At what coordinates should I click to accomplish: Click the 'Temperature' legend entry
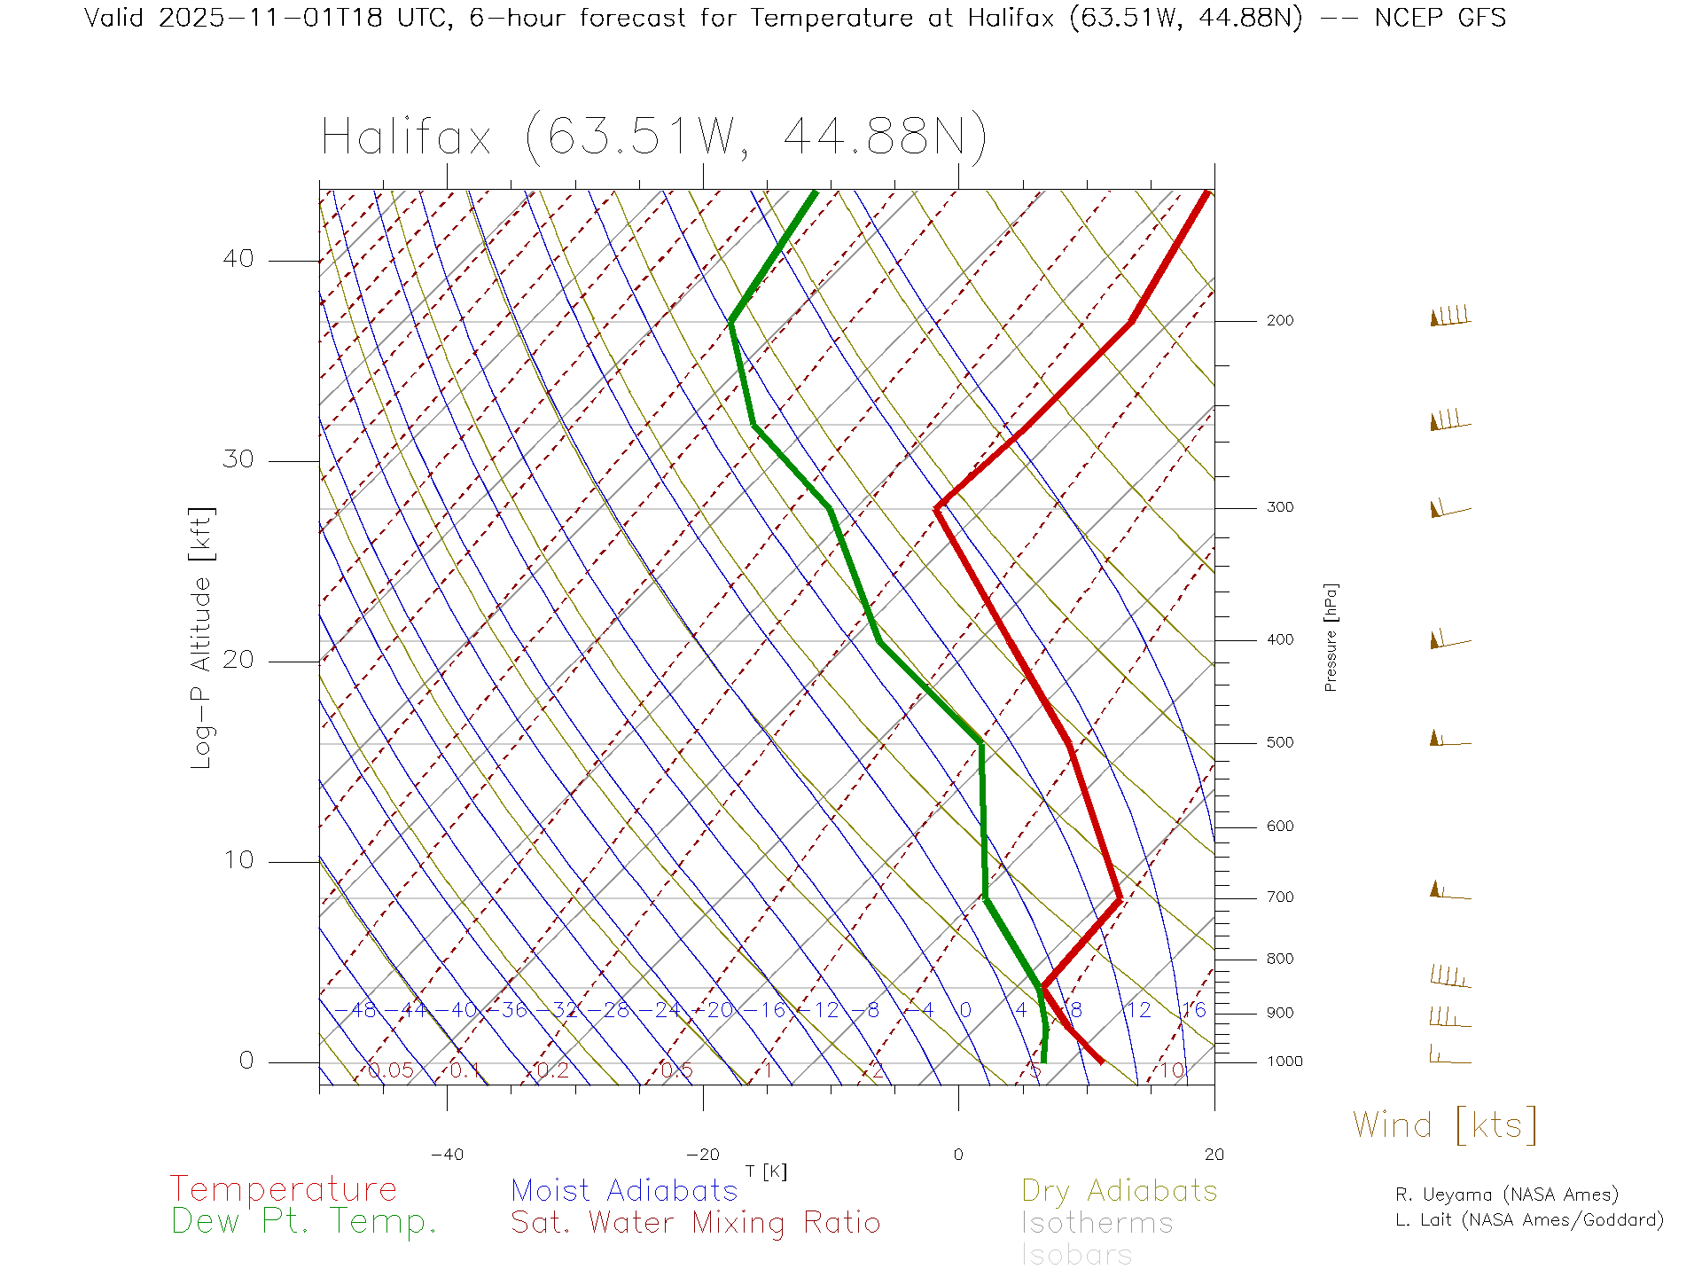tap(283, 1188)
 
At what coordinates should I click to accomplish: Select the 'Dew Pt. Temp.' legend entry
tap(304, 1222)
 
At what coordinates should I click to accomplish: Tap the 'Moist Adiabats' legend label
tap(624, 1190)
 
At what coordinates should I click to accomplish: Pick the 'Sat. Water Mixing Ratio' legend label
tap(695, 1222)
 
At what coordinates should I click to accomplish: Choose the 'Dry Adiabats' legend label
tap(1119, 1190)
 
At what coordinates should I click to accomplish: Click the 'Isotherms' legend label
tap(1097, 1223)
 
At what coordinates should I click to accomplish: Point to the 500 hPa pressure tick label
tap(1279, 742)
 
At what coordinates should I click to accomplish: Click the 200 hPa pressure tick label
tap(1279, 320)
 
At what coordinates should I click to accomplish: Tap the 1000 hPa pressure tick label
tap(1284, 1062)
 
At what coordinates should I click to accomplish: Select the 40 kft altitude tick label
tap(238, 259)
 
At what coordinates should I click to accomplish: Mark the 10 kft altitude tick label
tap(238, 860)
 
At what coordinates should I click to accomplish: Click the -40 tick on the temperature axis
tap(447, 1155)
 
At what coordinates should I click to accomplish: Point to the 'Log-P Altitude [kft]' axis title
tap(202, 638)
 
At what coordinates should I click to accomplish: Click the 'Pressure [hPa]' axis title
tap(1331, 637)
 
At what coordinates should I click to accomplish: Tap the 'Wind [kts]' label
tap(1445, 1124)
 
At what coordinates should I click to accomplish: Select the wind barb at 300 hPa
tap(1449, 509)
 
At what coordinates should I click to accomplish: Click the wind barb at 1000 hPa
tap(1449, 1055)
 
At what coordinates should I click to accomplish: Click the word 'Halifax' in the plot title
tap(406, 137)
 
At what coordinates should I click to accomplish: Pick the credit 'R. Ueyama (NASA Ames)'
tap(1506, 1195)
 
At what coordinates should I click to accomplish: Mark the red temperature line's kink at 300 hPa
tap(937, 508)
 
